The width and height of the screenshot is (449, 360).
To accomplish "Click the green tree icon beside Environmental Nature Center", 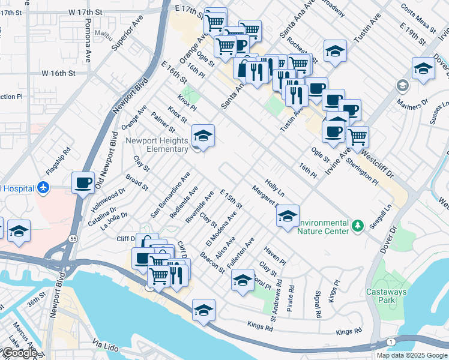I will [x=358, y=226].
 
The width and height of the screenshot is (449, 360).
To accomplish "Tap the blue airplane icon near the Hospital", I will [x=43, y=188].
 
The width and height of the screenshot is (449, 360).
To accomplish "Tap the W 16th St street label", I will [x=58, y=73].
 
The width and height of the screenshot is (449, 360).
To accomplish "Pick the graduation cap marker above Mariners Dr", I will [x=423, y=68].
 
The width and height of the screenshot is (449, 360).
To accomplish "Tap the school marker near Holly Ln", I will [x=288, y=216].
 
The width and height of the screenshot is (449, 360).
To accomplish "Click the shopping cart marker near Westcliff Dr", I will [x=357, y=136].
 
